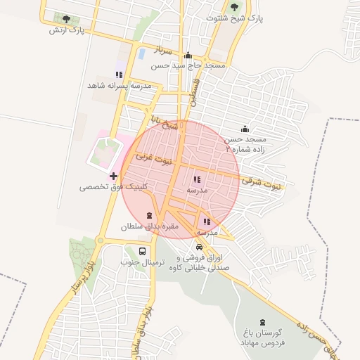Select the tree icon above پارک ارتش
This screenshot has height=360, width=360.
[67, 19]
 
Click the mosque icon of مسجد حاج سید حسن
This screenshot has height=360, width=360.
[188, 56]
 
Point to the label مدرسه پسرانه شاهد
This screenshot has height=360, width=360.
[119, 85]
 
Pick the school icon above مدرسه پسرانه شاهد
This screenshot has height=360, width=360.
[119, 74]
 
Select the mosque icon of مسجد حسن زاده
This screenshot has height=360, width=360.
[245, 129]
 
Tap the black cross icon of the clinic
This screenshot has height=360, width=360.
[113, 175]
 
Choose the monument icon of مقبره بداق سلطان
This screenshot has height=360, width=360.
[148, 215]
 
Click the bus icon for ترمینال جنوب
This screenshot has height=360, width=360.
[143, 251]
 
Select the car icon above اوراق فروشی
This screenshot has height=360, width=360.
[200, 247]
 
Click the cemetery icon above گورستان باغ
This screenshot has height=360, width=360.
[264, 321]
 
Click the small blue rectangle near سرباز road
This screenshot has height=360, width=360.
[141, 53]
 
